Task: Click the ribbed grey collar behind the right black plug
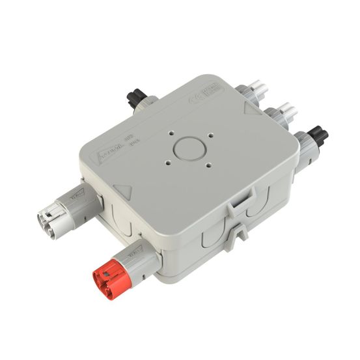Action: click(x=303, y=145)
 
